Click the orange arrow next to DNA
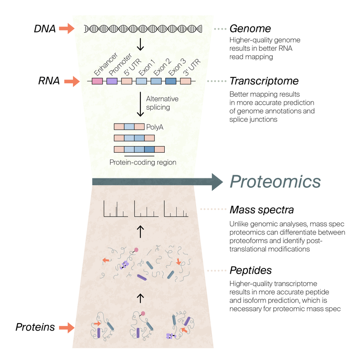click(x=67, y=29)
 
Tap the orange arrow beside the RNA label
click(x=67, y=82)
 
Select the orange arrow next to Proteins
click(x=67, y=327)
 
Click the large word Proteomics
click(x=275, y=182)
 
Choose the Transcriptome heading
click(x=263, y=81)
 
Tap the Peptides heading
click(x=251, y=271)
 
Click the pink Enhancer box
click(x=98, y=81)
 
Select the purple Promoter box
click(x=112, y=81)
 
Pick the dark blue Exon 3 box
click(x=171, y=81)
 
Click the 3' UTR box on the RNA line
click(x=185, y=81)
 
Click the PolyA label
click(x=154, y=127)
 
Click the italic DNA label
click(x=45, y=29)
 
